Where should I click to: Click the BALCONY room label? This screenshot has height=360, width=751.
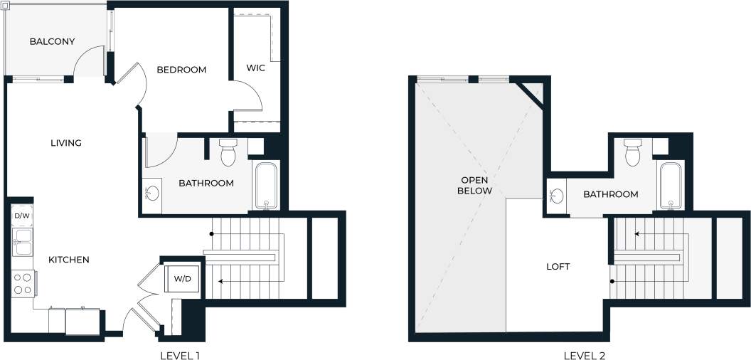(52, 41)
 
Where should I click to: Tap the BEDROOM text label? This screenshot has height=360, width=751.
(181, 70)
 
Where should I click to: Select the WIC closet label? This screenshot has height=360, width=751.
(256, 69)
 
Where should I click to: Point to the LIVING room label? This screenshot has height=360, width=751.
(66, 143)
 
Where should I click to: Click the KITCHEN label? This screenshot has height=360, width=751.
(68, 260)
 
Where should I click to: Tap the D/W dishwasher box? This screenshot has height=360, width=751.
(21, 215)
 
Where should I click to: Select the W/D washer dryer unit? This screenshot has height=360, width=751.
(183, 278)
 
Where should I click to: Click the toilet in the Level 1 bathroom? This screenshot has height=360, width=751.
(228, 152)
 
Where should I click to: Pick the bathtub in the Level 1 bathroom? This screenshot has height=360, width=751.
(266, 186)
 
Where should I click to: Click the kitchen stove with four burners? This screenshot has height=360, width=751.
(22, 284)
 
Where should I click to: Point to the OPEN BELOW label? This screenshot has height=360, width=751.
(474, 185)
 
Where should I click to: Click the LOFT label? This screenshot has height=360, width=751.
(558, 267)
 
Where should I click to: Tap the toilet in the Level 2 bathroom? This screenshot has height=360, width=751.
(632, 152)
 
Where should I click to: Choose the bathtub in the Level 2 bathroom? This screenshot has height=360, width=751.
(670, 186)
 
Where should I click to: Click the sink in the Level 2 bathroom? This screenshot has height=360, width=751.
(556, 194)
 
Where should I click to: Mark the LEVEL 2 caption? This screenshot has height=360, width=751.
(584, 354)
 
